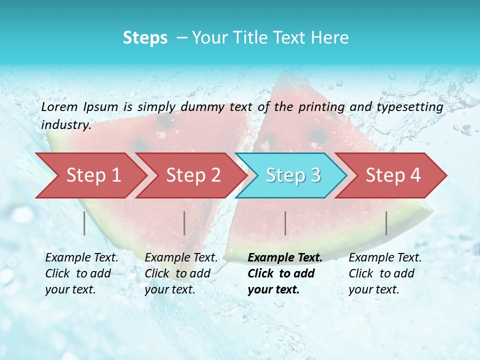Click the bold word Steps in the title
point(145,38)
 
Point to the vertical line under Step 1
point(84,223)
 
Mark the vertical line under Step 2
point(184,223)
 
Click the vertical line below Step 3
point(285,223)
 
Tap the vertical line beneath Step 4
point(386,223)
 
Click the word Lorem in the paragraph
point(59,106)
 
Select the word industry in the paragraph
point(65,125)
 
